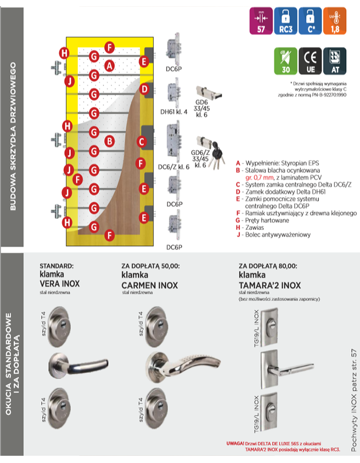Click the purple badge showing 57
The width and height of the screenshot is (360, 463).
coord(261,21)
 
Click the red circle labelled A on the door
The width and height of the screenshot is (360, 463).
coord(109,66)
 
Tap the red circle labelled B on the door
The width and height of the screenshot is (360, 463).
coord(109,140)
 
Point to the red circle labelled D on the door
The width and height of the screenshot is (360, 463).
coord(145,90)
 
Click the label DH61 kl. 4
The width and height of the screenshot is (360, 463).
coord(173,111)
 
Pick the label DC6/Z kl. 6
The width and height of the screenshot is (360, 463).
coord(173,166)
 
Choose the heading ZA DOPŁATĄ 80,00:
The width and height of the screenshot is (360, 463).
coord(268,266)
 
